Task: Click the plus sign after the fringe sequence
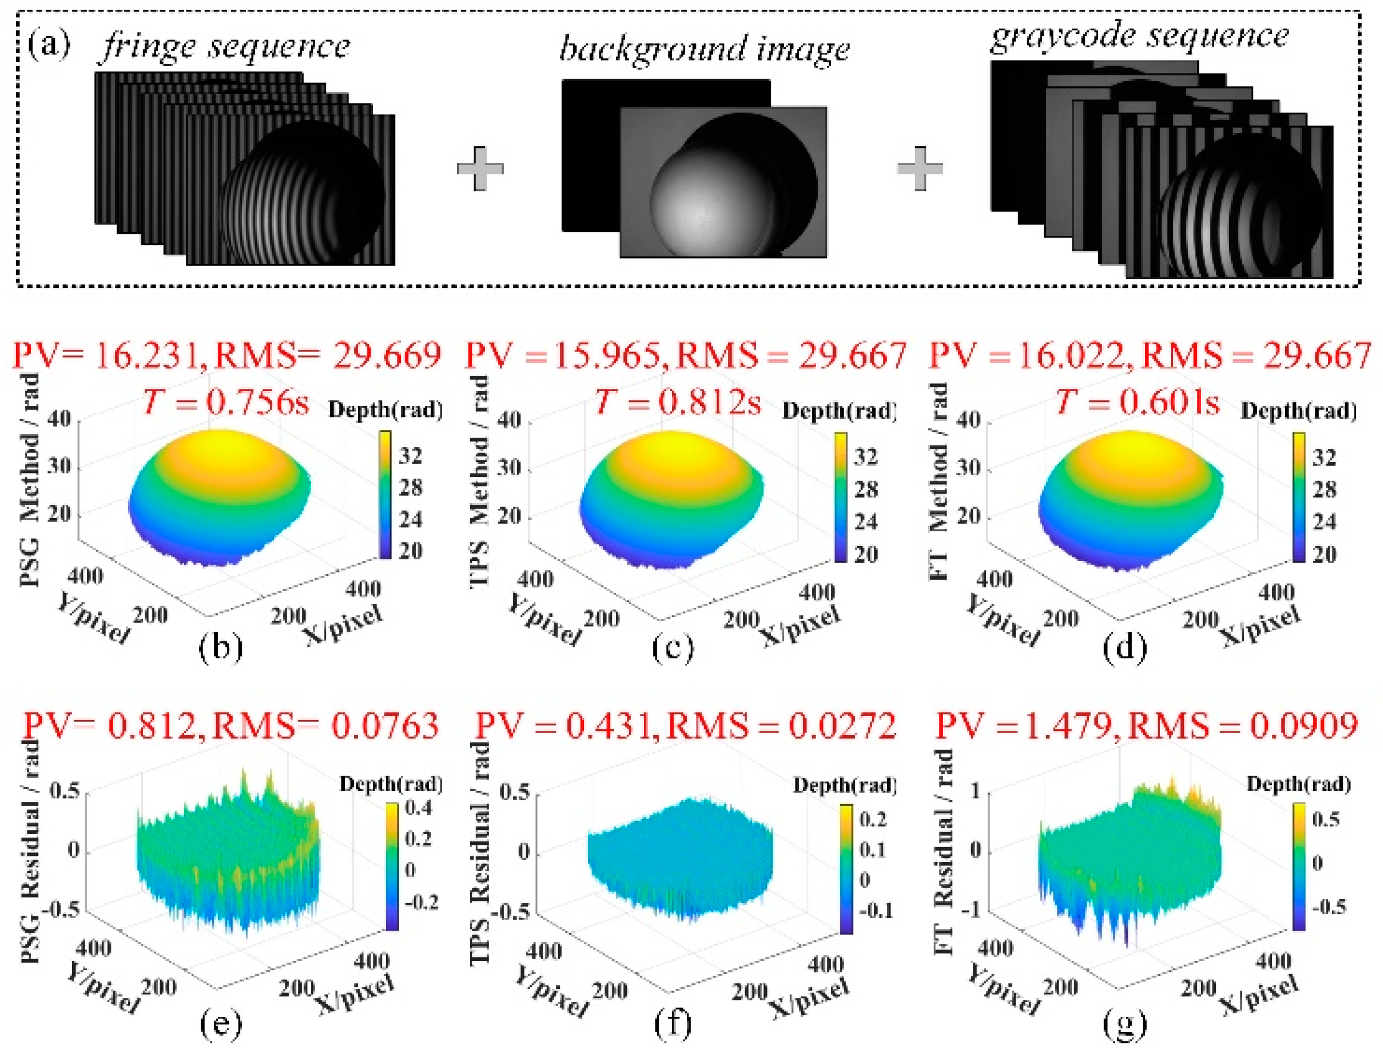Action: [480, 168]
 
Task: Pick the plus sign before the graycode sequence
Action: [920, 168]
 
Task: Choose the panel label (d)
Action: [1125, 647]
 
